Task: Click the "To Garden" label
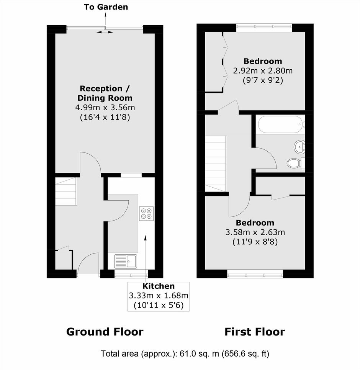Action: tap(106, 7)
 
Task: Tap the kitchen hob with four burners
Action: tap(146, 214)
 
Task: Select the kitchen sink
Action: tap(126, 261)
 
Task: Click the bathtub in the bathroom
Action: tap(280, 124)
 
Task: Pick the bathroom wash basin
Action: tap(299, 147)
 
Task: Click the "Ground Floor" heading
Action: tap(105, 332)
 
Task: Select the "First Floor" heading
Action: tap(255, 332)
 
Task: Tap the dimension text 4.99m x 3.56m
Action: tap(105, 108)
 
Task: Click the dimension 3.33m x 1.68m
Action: tap(159, 295)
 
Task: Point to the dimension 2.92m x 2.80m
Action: tap(263, 71)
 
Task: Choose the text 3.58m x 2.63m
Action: tap(255, 232)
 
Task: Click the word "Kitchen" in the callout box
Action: tap(159, 286)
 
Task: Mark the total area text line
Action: tap(185, 354)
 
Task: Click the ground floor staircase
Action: tap(66, 192)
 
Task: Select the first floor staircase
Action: tap(216, 164)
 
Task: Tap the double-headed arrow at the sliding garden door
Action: tap(105, 32)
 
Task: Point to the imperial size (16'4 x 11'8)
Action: tap(105, 117)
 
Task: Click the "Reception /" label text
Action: tap(105, 88)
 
